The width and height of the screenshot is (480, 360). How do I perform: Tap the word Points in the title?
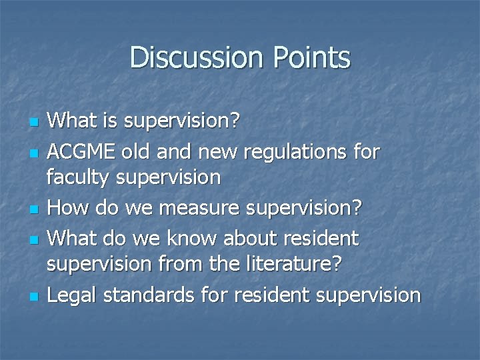point(311,57)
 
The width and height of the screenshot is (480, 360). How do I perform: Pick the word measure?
point(208,207)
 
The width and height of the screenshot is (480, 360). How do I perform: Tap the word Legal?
point(72,294)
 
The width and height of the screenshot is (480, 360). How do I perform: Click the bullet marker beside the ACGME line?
point(33,153)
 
